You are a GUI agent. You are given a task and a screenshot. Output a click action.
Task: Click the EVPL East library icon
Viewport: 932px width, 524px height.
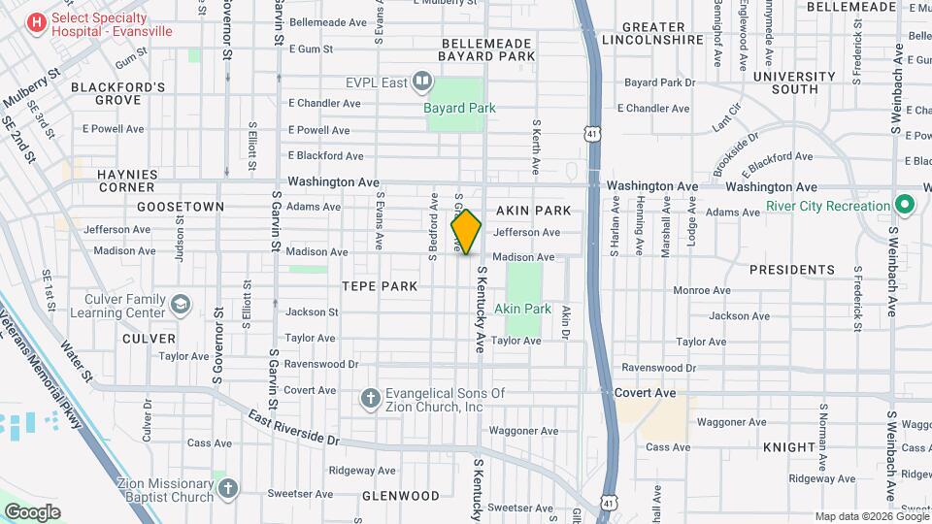422,82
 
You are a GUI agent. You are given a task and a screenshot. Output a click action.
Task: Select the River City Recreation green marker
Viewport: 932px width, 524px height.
905,206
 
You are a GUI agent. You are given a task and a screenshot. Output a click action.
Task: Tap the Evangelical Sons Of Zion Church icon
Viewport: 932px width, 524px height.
370,399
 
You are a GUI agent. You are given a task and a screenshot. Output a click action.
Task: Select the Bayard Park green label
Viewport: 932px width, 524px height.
460,108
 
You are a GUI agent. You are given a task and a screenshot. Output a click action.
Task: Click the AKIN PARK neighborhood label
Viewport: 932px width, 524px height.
533,210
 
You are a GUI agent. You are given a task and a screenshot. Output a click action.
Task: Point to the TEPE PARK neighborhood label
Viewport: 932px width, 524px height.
380,286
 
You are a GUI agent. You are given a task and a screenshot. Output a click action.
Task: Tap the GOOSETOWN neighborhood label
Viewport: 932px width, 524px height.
181,207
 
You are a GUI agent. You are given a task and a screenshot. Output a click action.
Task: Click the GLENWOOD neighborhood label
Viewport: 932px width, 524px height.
401,495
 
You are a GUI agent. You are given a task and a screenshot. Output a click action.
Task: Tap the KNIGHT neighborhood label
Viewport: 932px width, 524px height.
789,447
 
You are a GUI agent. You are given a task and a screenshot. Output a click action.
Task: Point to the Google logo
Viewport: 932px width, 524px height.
32,512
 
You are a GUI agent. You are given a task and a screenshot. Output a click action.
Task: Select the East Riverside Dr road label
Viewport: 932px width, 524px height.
293,427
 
